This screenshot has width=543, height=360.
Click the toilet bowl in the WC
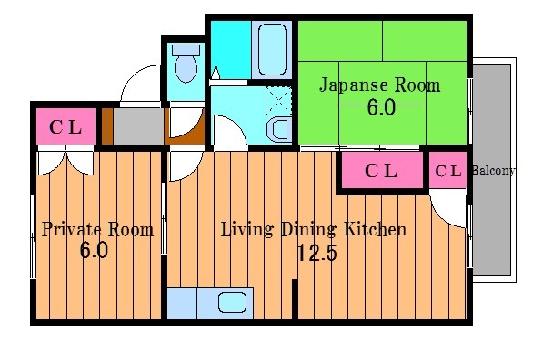tap(186, 65)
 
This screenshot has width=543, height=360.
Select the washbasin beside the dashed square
tap(279, 129)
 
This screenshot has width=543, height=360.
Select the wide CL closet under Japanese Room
tap(380, 171)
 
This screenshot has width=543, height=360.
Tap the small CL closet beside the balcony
tap(447, 171)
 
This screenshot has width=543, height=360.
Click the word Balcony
tap(494, 171)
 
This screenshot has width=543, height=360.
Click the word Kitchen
tap(373, 229)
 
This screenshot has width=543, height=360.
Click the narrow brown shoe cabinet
tap(107, 126)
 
